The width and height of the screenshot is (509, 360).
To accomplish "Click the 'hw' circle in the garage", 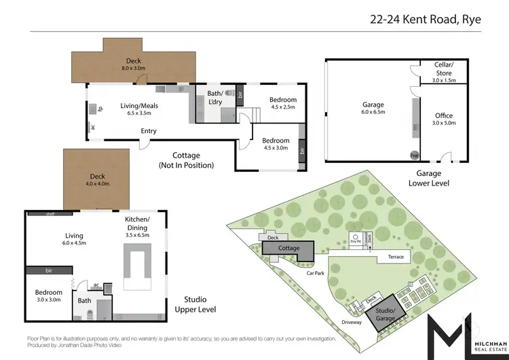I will click(413, 155).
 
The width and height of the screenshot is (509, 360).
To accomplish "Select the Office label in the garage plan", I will click(443, 115).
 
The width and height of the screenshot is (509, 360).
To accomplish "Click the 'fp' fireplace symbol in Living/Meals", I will click(100, 108).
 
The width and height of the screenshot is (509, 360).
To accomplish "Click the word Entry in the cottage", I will click(149, 131).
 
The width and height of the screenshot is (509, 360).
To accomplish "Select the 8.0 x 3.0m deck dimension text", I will click(134, 68).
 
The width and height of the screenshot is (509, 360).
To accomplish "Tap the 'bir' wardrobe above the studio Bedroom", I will click(49, 270).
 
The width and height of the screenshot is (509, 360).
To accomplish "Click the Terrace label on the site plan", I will click(396, 257).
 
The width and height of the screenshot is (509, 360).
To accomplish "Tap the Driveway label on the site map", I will click(352, 322).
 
